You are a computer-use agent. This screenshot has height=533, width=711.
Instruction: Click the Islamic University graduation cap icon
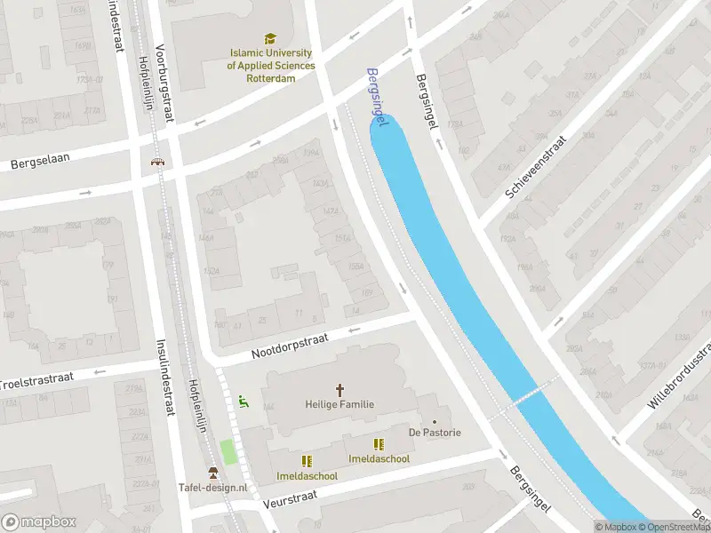270,38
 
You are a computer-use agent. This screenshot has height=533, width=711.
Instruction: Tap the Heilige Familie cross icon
339,389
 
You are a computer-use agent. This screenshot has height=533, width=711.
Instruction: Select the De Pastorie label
435,433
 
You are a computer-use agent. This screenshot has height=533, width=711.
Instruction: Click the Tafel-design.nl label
212,488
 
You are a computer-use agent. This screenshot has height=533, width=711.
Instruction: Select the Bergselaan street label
40,161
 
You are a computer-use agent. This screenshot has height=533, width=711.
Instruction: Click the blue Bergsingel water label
378,102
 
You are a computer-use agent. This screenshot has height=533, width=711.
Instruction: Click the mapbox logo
39,522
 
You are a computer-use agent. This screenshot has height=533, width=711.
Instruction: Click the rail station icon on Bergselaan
157,162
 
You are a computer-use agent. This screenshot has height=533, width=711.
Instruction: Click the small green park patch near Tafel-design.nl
228,451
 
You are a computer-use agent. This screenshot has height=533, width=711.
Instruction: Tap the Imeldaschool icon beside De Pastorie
379,444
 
